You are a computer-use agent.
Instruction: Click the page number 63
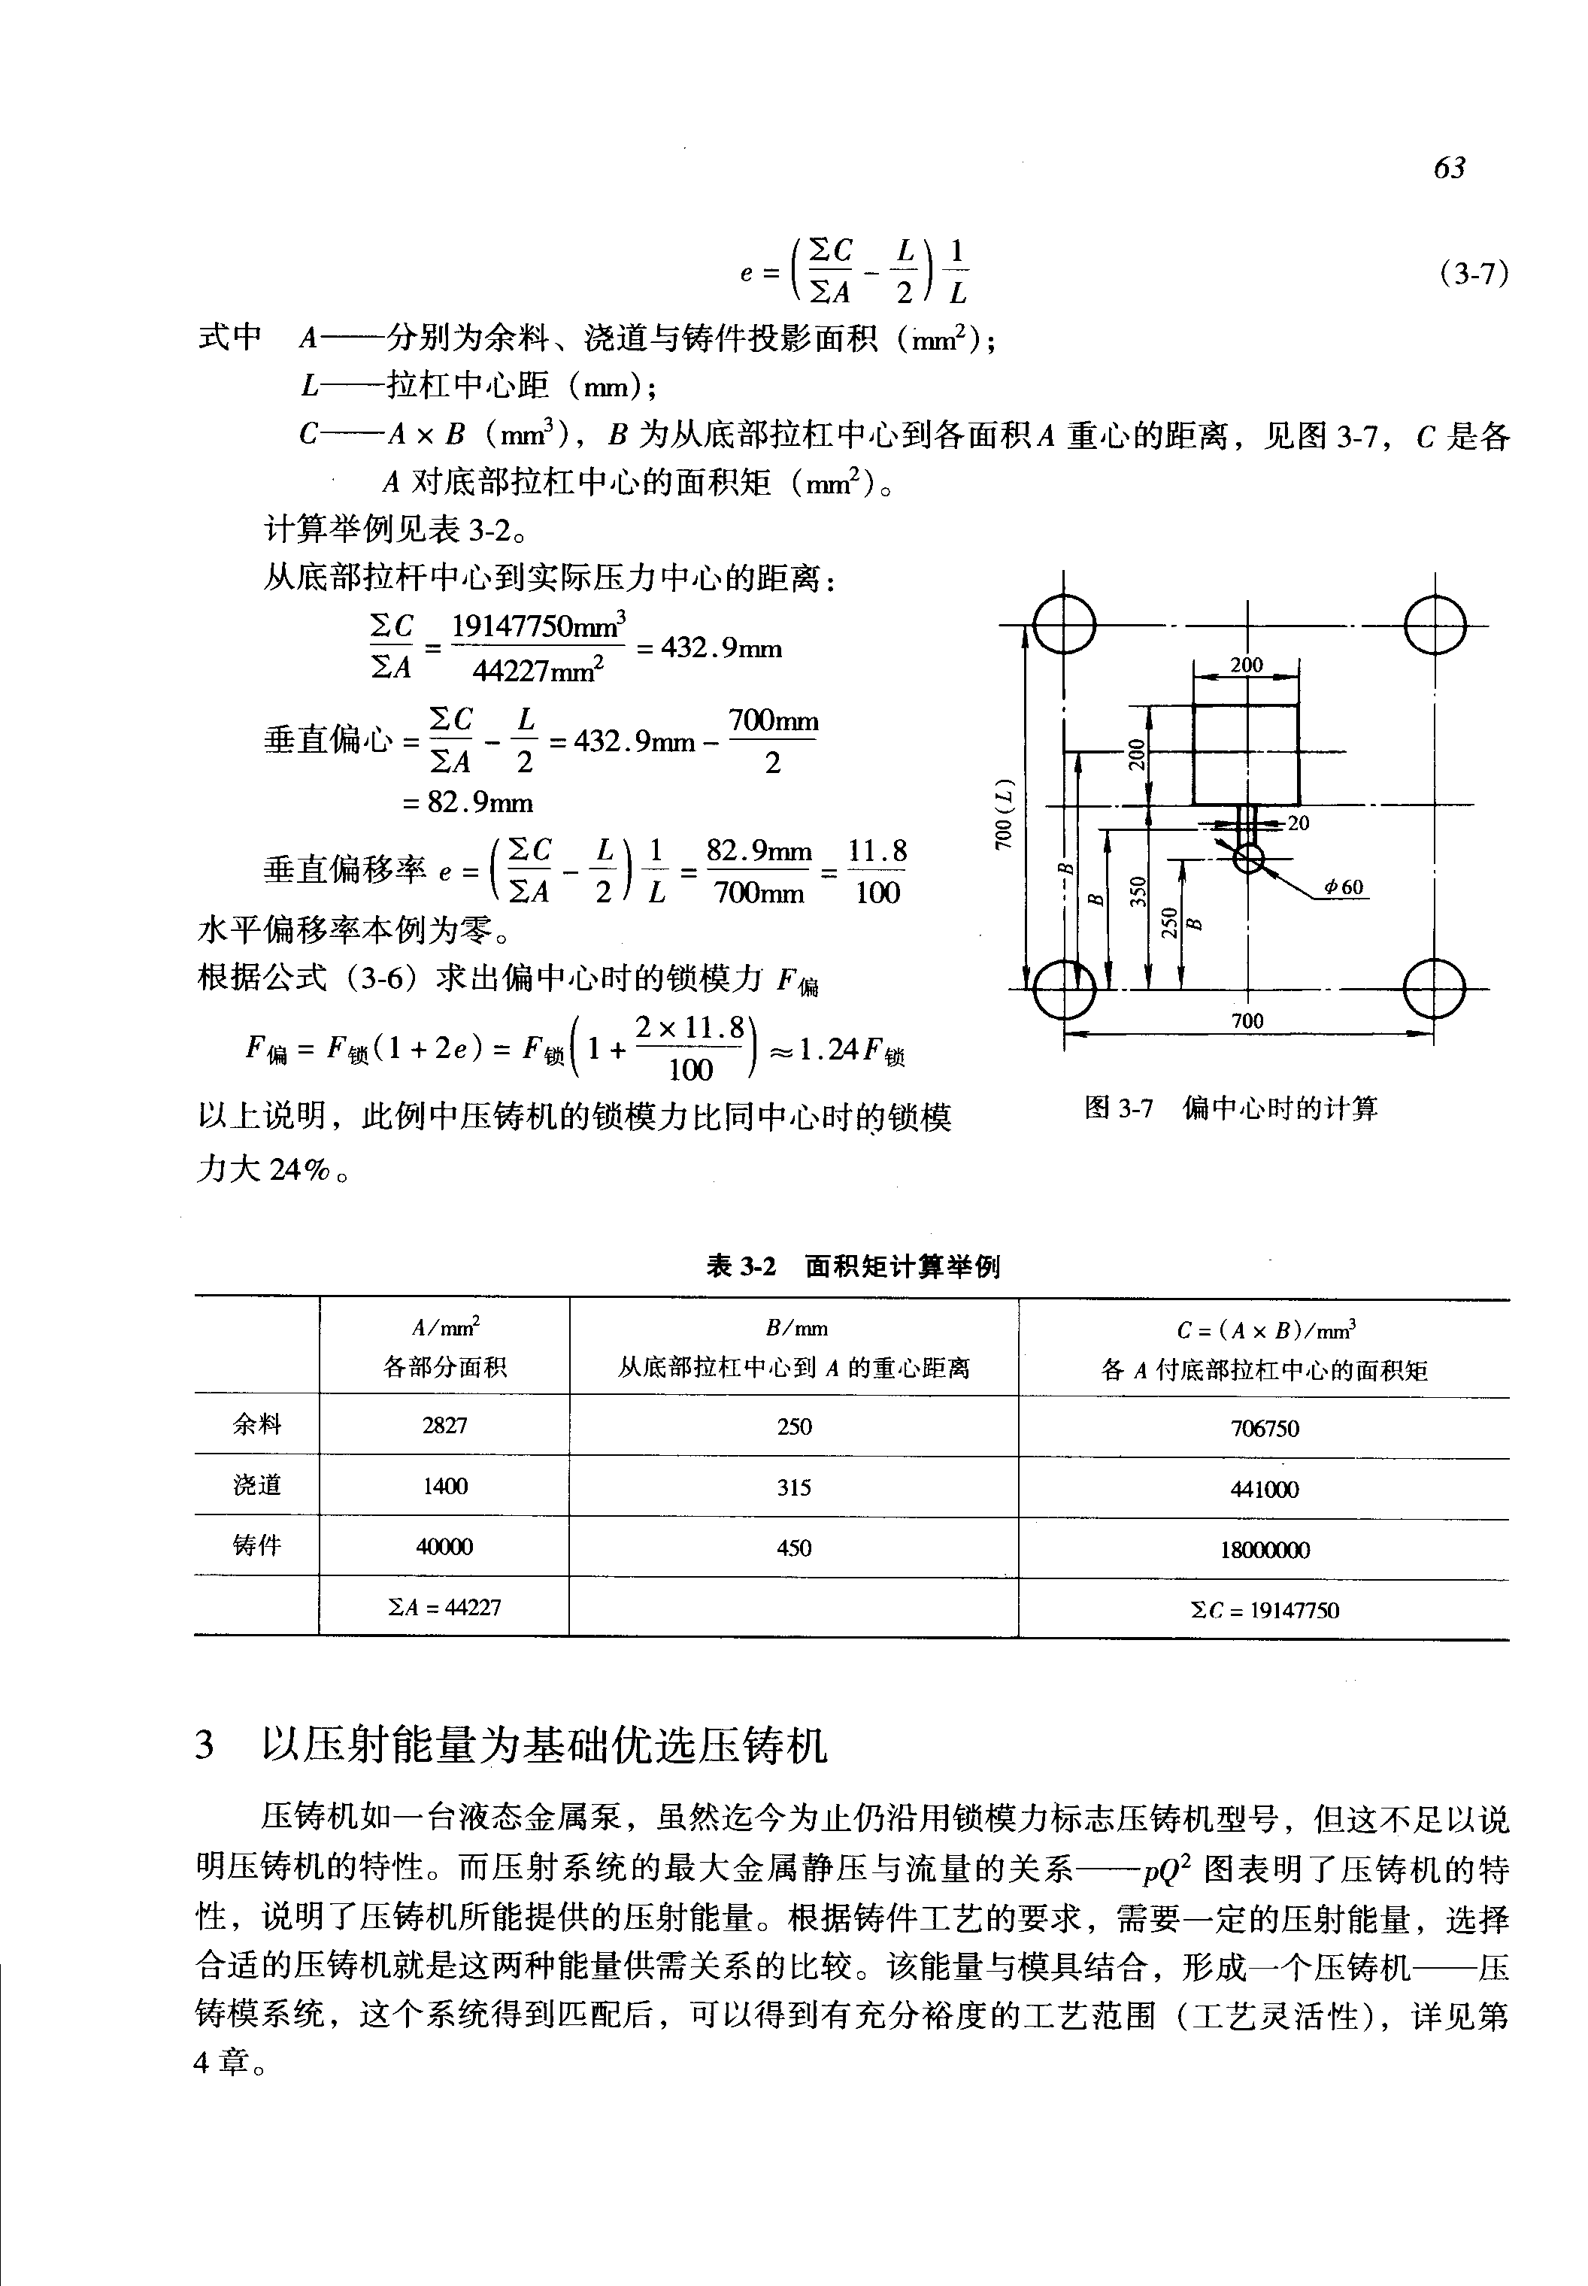click(1449, 167)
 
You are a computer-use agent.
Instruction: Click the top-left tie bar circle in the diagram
click(1065, 625)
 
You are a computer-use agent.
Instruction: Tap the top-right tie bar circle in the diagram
click(1434, 625)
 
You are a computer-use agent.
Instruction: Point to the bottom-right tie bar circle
click(1434, 988)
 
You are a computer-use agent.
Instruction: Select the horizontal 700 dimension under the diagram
click(1247, 1020)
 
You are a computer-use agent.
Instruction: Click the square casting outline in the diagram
click(1247, 754)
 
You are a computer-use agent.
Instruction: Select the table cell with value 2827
click(445, 1425)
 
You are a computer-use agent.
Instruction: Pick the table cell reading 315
click(794, 1487)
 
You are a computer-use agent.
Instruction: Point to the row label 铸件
click(256, 1545)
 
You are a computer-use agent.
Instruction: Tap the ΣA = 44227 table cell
click(445, 1607)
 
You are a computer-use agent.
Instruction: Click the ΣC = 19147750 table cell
click(1265, 1609)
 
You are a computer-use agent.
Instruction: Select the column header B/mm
click(795, 1329)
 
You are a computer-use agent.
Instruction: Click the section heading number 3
click(205, 1745)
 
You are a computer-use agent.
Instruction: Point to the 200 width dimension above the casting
click(1247, 665)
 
